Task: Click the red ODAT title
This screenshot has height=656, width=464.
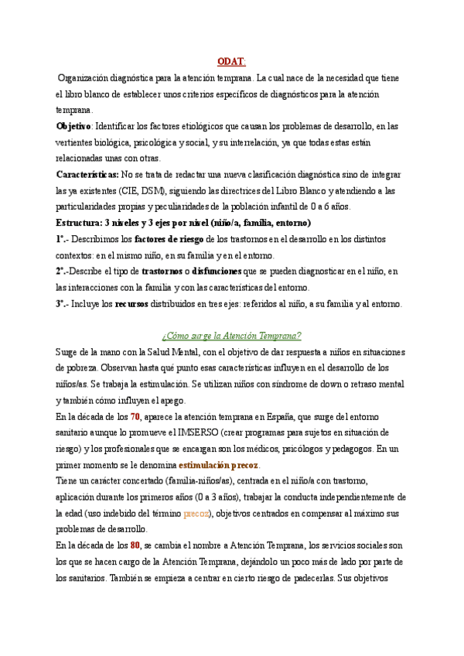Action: pyautogui.click(x=231, y=61)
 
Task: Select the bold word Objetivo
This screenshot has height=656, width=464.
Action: pyautogui.click(x=74, y=125)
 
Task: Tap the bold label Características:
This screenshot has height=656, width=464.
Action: pyautogui.click(x=87, y=174)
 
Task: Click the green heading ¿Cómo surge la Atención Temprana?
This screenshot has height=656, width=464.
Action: pyautogui.click(x=231, y=336)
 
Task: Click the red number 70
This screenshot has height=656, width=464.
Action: pyautogui.click(x=135, y=417)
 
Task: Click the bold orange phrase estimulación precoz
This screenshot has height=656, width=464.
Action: pyautogui.click(x=219, y=466)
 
